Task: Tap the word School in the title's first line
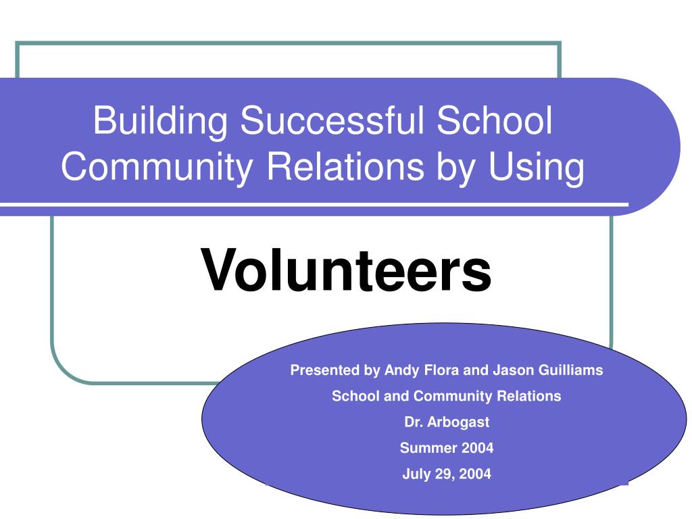494,120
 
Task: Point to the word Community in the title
157,168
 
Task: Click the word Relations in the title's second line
345,166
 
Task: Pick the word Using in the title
536,168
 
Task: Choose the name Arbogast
458,422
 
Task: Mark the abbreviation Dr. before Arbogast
414,422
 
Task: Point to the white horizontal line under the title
314,205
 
